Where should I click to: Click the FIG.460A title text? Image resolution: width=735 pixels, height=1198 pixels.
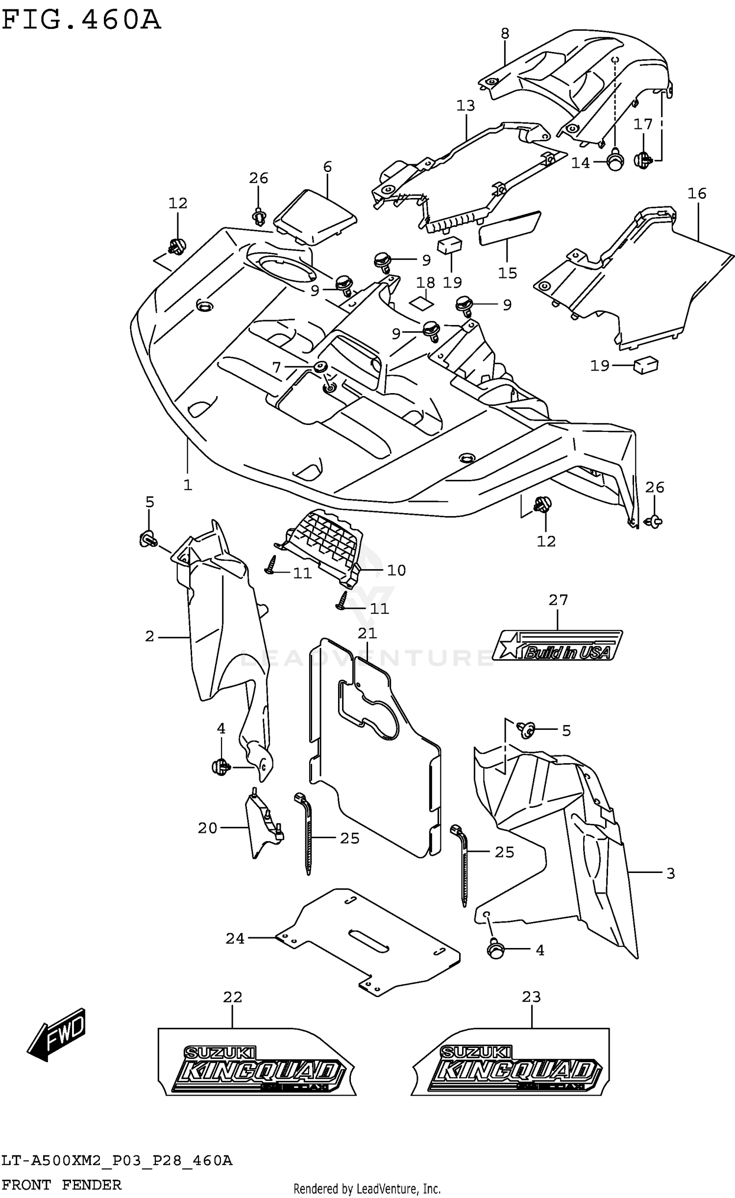point(81,21)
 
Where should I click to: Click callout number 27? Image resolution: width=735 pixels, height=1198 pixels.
point(558,600)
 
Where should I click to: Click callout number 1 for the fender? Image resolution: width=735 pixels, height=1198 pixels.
point(188,485)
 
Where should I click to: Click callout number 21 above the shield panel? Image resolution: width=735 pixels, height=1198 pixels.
point(367,633)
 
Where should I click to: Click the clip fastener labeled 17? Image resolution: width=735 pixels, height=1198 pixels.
point(643,159)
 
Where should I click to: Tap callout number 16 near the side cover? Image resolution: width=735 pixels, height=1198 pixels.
point(696,194)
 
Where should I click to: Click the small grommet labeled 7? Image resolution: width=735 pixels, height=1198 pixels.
point(321,367)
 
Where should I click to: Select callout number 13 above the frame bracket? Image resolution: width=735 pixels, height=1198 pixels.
point(465,106)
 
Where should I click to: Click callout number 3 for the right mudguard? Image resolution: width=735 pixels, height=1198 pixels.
point(671,873)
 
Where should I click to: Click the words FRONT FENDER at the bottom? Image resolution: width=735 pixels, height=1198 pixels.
point(61,1184)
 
